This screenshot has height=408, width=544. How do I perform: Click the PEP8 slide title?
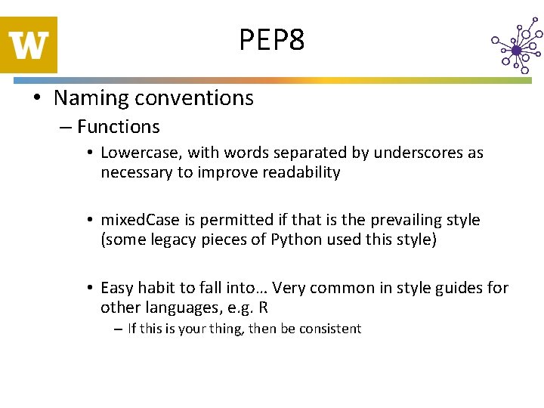(272, 39)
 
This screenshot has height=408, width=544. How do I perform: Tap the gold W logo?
(29, 45)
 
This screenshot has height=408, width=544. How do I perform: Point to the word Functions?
(119, 127)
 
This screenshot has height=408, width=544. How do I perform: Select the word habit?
(154, 288)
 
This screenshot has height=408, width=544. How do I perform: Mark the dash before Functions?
(66, 127)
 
